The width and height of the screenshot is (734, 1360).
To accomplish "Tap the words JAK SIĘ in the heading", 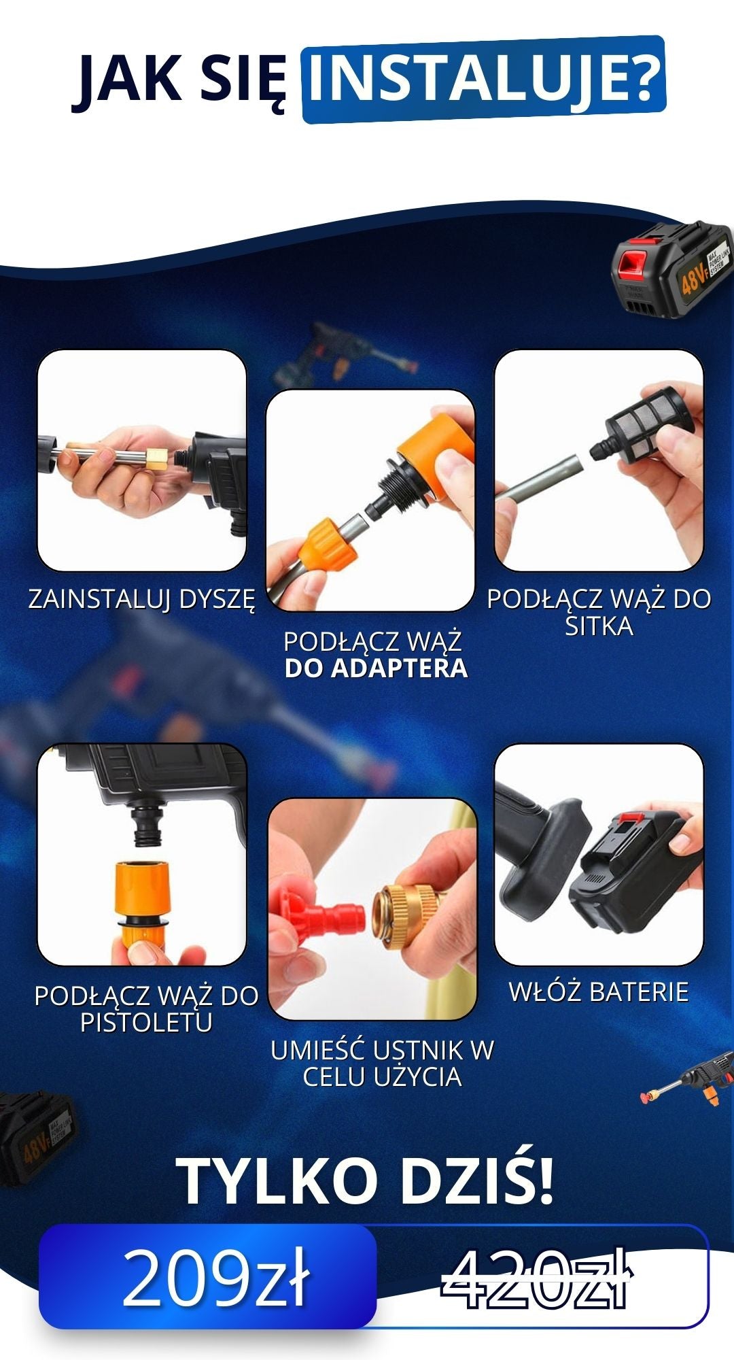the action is point(179,80).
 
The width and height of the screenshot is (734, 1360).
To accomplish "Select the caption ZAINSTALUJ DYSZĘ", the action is point(141,599).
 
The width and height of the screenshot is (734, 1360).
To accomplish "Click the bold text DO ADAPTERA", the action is point(376,668).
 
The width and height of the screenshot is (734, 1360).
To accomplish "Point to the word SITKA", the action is point(599,626).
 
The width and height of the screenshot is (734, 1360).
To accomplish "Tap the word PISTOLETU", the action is point(146,1022).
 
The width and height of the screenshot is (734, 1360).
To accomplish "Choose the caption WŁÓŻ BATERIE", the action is point(599,991).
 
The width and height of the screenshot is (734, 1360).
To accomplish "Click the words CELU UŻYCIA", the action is point(382,1076).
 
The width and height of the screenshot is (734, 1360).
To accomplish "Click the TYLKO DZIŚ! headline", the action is point(366,1180).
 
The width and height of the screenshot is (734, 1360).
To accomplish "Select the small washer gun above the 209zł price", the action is point(686,1080).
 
